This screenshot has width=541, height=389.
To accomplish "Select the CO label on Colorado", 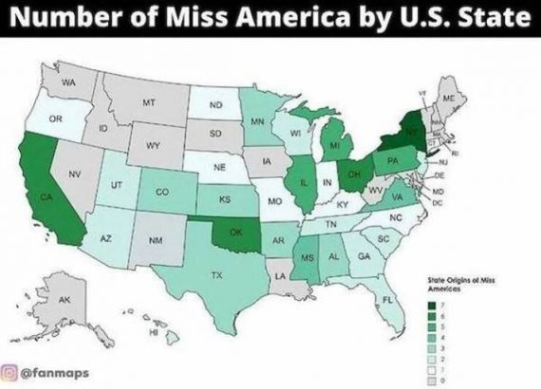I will tap(161, 191).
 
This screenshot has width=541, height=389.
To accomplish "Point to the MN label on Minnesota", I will tap(257, 121).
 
